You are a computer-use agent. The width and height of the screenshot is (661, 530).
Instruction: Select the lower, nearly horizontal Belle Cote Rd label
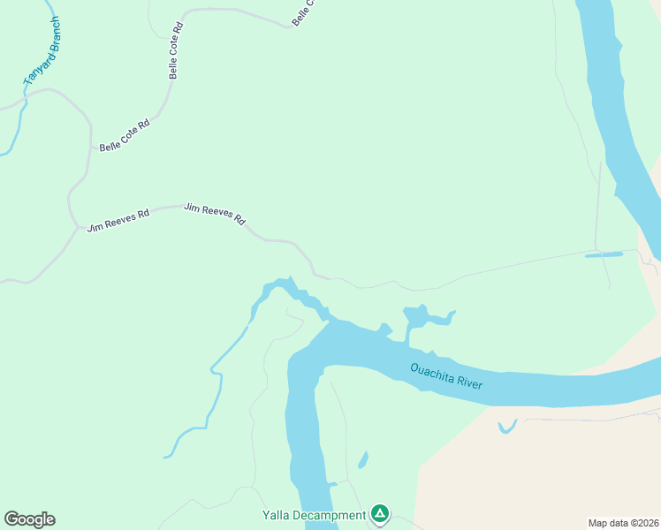[x=125, y=136]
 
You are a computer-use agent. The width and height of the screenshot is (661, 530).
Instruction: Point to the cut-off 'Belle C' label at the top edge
[x=303, y=12]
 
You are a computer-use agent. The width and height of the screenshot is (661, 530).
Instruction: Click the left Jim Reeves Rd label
[x=118, y=219]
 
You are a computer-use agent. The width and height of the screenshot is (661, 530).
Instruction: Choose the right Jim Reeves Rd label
[x=215, y=214]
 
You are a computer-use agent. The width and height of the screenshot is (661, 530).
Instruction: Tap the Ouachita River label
[x=445, y=375]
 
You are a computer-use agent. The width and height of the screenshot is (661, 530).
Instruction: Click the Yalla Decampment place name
[x=314, y=515]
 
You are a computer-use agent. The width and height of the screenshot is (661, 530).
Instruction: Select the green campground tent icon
[x=380, y=513]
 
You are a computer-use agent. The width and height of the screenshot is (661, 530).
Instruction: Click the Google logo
[x=29, y=519]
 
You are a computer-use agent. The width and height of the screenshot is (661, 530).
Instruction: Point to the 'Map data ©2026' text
[x=623, y=522]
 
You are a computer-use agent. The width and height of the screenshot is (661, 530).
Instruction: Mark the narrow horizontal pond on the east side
[x=604, y=255]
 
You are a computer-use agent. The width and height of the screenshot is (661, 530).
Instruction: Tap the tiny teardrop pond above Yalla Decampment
[x=362, y=459]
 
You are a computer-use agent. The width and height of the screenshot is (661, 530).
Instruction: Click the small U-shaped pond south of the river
[x=506, y=428]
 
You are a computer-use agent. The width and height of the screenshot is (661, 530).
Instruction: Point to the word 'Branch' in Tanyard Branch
[x=49, y=35]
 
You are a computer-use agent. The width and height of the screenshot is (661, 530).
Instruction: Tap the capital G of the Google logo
[x=11, y=519]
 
